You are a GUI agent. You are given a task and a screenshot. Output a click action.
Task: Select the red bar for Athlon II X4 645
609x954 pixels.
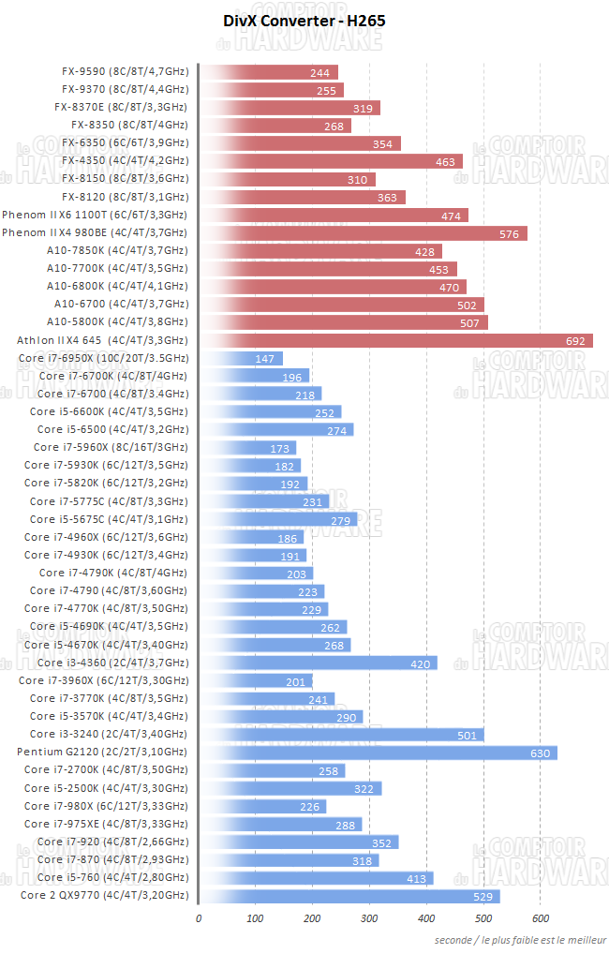tap(395, 340)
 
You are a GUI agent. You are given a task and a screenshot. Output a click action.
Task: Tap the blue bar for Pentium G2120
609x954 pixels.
tap(378, 753)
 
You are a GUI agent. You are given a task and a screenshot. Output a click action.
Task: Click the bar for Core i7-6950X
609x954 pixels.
tap(241, 358)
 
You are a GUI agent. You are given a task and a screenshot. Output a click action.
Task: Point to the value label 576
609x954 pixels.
tap(509, 233)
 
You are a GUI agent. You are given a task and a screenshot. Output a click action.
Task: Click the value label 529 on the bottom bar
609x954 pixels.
tap(482, 896)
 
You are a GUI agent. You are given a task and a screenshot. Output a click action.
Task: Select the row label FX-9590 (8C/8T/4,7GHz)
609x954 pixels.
tap(125, 72)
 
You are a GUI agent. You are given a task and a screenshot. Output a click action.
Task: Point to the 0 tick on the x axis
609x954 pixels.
tap(199, 918)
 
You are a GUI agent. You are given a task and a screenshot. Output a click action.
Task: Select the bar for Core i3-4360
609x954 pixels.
tap(318, 663)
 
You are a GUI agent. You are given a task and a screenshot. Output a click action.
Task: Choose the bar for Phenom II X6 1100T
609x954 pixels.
tap(333, 216)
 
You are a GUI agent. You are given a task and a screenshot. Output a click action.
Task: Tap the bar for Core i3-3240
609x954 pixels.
tap(341, 735)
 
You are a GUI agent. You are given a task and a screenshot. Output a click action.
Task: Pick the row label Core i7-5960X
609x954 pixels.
tap(111, 448)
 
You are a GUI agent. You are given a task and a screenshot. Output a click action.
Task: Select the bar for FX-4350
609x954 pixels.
tap(330, 161)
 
